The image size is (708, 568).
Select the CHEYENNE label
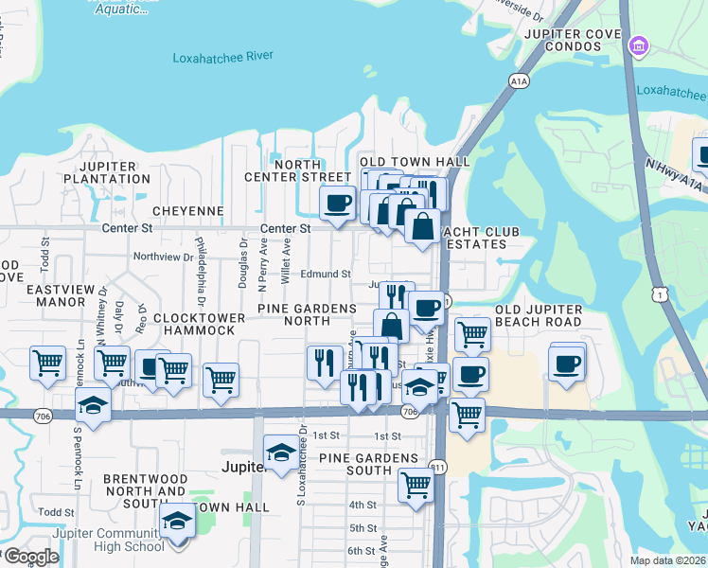tap(191, 210)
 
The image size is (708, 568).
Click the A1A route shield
tap(519, 83)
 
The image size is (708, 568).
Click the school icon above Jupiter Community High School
tap(177, 522)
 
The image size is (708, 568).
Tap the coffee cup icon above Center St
tap(338, 203)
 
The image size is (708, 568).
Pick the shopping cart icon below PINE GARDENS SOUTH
tap(416, 485)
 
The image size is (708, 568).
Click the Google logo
tap(31, 557)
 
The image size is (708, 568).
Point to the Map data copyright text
tap(667, 560)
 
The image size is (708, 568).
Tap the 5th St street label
tap(363, 527)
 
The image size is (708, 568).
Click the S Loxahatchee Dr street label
tap(300, 464)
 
